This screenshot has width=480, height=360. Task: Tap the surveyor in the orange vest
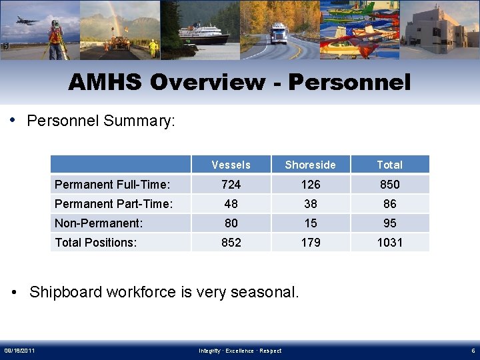point(55,37)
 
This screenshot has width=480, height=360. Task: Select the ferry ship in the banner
point(203,34)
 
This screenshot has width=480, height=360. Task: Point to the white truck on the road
point(278,34)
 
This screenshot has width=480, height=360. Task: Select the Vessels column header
point(231,165)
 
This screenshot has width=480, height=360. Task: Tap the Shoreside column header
point(310,165)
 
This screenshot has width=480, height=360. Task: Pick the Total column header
point(389,165)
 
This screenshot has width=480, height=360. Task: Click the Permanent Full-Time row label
point(112,184)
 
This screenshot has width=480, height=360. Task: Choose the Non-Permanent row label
point(99,223)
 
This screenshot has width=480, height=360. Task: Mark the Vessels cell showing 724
point(231,184)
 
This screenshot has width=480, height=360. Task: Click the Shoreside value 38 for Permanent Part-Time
point(310,203)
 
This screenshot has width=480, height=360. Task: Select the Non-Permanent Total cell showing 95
point(389,223)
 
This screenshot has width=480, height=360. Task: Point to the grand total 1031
point(389,242)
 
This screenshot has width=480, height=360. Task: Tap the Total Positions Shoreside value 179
point(310,242)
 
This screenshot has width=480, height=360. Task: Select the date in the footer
point(20,351)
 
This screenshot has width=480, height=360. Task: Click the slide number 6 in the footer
point(471,351)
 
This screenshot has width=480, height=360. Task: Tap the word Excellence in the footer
point(240,351)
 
